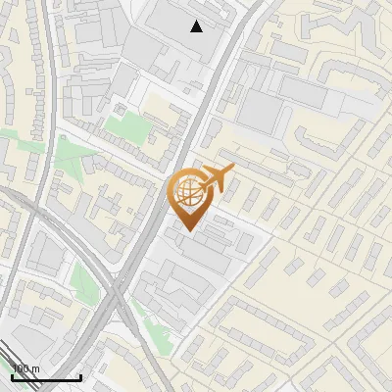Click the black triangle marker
[197, 26]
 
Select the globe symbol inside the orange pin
[186, 191]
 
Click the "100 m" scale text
[24, 368]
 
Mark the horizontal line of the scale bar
[46, 377]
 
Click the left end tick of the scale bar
[12, 375]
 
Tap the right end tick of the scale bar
[80, 375]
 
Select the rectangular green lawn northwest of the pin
[125, 125]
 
